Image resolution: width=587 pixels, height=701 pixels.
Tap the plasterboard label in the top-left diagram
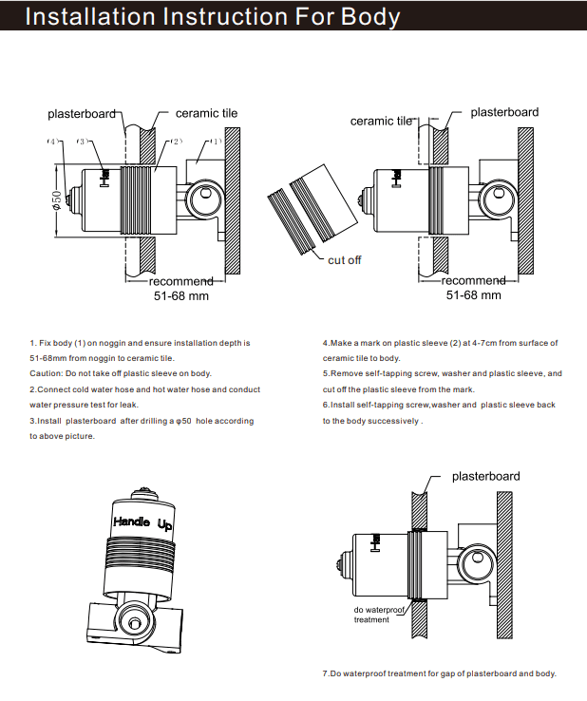(x=83, y=114)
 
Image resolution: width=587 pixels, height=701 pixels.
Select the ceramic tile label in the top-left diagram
(x=206, y=113)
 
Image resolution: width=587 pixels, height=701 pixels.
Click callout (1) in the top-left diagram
(x=215, y=142)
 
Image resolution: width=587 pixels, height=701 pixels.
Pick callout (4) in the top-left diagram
(x=54, y=142)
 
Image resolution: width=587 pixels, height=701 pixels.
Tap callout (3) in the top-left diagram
(x=85, y=142)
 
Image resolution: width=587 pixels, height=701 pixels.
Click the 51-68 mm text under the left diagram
(x=181, y=295)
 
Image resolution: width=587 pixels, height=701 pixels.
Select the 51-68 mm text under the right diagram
(x=473, y=295)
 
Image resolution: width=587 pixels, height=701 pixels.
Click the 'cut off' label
(x=345, y=260)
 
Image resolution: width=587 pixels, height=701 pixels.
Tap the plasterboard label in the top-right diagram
(x=504, y=112)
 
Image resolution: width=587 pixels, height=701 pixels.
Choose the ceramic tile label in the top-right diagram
(x=382, y=121)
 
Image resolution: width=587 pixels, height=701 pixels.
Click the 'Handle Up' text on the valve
(x=142, y=522)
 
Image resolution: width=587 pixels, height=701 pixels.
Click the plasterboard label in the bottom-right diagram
(x=485, y=476)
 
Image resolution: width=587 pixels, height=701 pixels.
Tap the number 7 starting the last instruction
(x=325, y=673)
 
